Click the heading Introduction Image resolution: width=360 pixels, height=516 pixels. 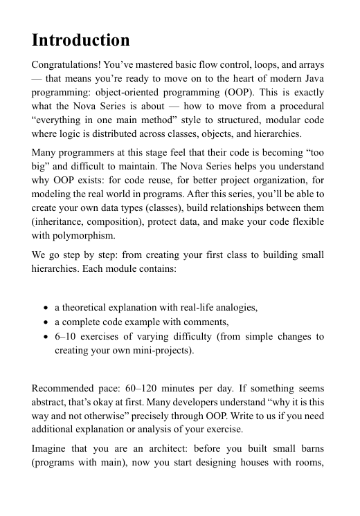click(81, 39)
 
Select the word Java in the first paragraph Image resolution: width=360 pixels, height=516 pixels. click(313, 81)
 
